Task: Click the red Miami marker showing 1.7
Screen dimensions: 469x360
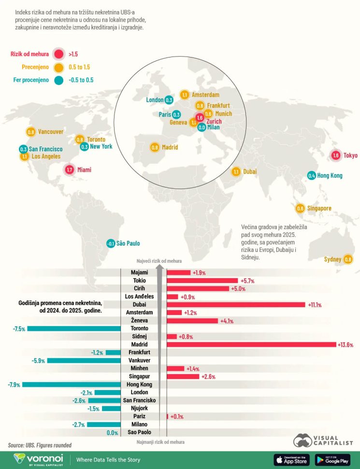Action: pos(69,170)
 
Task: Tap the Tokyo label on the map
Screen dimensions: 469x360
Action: pos(350,155)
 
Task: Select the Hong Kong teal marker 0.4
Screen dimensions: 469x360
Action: pos(312,176)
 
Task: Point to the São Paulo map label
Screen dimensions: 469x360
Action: pos(128,244)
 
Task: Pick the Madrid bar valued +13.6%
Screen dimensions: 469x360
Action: pos(251,344)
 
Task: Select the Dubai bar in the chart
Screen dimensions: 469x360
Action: pos(236,305)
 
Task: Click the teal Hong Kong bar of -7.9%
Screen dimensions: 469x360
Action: pos(71,384)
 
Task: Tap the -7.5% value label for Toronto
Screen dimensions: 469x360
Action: pos(19,329)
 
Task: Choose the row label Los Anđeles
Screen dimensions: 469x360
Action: pos(139,296)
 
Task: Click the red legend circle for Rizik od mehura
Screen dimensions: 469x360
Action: pos(59,54)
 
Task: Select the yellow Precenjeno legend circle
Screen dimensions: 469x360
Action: pos(59,67)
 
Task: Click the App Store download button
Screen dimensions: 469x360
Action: pos(292,460)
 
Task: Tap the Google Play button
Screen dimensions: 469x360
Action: pos(332,460)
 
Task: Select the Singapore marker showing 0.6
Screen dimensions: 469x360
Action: pos(300,208)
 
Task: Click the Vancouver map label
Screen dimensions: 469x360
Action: pos(51,132)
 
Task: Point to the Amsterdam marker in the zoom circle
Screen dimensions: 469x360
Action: pos(184,95)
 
